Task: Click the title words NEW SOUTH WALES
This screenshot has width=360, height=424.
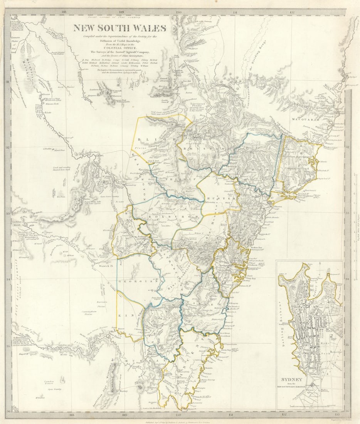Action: (x=119, y=28)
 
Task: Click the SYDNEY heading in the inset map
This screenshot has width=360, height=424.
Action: (x=304, y=379)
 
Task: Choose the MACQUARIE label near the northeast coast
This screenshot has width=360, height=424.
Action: (x=306, y=120)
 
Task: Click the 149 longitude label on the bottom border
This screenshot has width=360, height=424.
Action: (x=124, y=416)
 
